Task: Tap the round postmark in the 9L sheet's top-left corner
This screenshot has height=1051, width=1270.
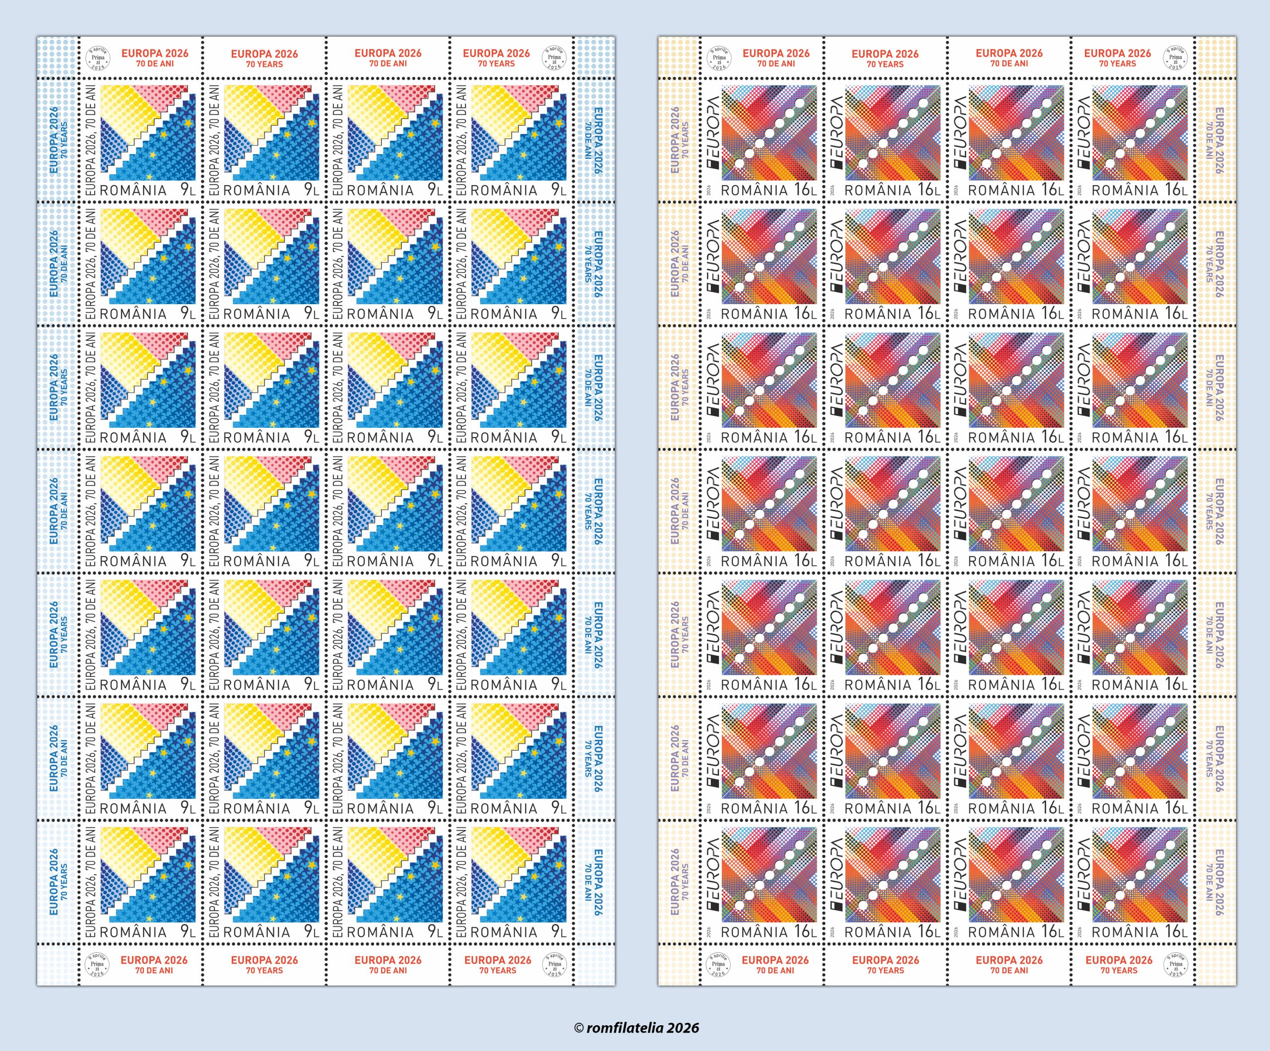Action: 97,58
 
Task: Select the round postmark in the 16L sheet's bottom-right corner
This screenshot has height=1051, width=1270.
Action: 1175,965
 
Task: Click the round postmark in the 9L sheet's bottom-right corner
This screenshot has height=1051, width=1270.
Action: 554,965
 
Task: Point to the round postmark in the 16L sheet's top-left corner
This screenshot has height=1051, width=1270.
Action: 719,58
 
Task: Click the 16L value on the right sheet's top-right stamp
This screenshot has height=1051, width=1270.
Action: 1176,190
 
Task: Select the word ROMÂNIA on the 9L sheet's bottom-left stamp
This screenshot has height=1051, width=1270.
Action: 133,932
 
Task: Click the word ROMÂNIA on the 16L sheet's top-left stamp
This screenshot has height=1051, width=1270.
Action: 754,191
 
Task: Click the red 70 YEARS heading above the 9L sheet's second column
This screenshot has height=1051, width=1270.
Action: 264,64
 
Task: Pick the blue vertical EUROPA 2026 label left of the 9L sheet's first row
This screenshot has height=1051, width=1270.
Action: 53,140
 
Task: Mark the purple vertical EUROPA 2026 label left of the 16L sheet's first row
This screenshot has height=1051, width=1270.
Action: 675,140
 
